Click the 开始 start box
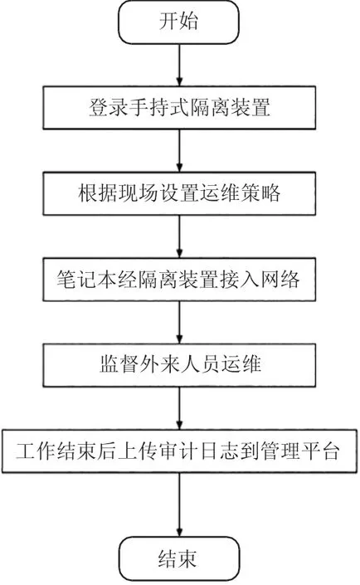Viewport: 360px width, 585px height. click(x=178, y=22)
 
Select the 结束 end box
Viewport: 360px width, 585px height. click(x=179, y=559)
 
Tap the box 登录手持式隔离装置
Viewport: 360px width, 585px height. click(x=179, y=108)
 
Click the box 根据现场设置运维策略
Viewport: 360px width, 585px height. click(x=179, y=193)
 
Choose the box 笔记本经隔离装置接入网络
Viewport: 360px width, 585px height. click(x=179, y=280)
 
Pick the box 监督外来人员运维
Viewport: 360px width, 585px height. click(x=179, y=365)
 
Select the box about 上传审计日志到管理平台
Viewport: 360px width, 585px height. click(x=179, y=451)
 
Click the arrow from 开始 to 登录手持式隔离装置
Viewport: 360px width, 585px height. click(x=179, y=66)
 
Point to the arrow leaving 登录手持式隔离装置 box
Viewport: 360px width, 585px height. click(x=179, y=151)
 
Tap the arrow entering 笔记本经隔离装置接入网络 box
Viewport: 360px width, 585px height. click(x=179, y=236)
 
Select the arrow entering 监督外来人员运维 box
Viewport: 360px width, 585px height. click(x=179, y=322)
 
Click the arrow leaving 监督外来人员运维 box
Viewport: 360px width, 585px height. click(x=179, y=408)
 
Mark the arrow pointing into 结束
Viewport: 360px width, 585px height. click(x=179, y=505)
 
